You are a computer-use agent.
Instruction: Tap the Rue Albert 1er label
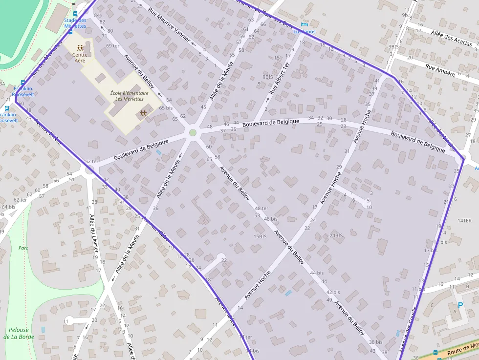(x=280, y=78)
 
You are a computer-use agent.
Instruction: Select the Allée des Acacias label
(x=452, y=37)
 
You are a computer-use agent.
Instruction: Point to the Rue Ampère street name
(x=440, y=71)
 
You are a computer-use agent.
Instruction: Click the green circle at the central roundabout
(x=193, y=133)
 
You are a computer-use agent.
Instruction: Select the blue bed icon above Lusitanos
(x=305, y=24)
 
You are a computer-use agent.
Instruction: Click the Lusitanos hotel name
(x=304, y=31)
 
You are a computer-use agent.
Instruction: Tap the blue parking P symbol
(x=460, y=305)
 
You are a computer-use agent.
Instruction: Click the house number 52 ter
(x=91, y=161)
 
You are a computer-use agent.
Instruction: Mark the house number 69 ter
(x=112, y=46)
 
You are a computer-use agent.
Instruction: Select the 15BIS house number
(x=260, y=236)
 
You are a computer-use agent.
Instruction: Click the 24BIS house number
(x=336, y=235)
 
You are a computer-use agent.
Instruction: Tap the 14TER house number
(x=464, y=221)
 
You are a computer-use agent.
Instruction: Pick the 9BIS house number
(x=267, y=77)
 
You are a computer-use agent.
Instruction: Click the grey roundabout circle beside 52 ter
(x=89, y=170)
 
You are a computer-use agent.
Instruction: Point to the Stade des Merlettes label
(x=75, y=23)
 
